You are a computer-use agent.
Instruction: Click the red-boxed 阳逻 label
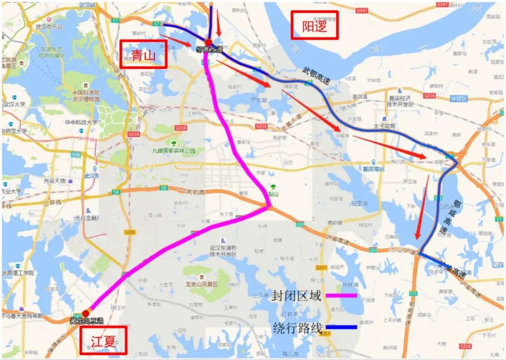click(x=314, y=25)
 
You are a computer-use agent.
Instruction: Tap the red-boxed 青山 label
click(x=143, y=54)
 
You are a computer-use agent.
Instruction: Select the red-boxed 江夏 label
click(x=104, y=340)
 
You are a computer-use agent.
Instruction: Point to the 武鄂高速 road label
click(x=317, y=76)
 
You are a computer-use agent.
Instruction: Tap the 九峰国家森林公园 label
click(x=173, y=151)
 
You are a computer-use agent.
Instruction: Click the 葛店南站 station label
click(x=373, y=169)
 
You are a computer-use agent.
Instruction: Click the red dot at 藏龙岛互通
click(x=86, y=313)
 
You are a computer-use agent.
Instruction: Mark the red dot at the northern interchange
click(x=208, y=43)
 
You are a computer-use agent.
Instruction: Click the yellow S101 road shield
click(x=130, y=232)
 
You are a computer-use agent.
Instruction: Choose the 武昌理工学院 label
click(x=18, y=273)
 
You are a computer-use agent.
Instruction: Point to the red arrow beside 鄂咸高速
click(x=422, y=206)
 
